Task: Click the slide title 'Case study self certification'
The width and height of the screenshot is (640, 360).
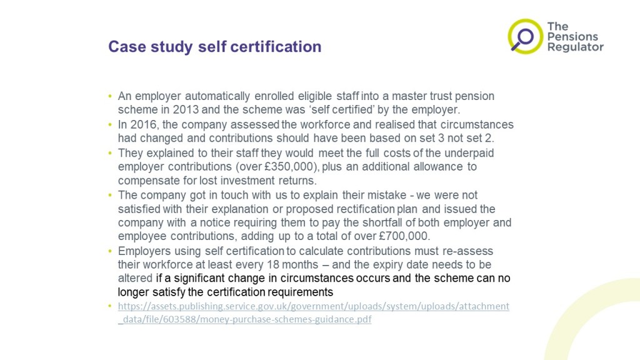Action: [214, 47]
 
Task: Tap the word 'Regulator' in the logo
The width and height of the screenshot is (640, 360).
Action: [575, 47]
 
